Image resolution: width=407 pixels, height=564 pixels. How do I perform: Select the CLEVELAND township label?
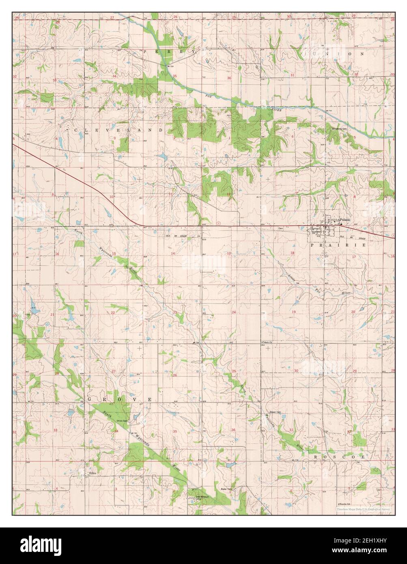[118, 130]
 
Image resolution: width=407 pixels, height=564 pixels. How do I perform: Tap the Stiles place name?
[93, 473]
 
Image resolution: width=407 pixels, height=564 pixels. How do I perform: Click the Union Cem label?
[122, 421]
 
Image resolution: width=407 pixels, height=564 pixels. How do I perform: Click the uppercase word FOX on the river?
[209, 96]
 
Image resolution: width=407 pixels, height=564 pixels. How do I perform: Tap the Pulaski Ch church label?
[267, 342]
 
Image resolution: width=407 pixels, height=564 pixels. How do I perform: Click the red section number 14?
[173, 253]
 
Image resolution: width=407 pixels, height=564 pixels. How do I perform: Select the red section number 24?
[234, 312]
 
